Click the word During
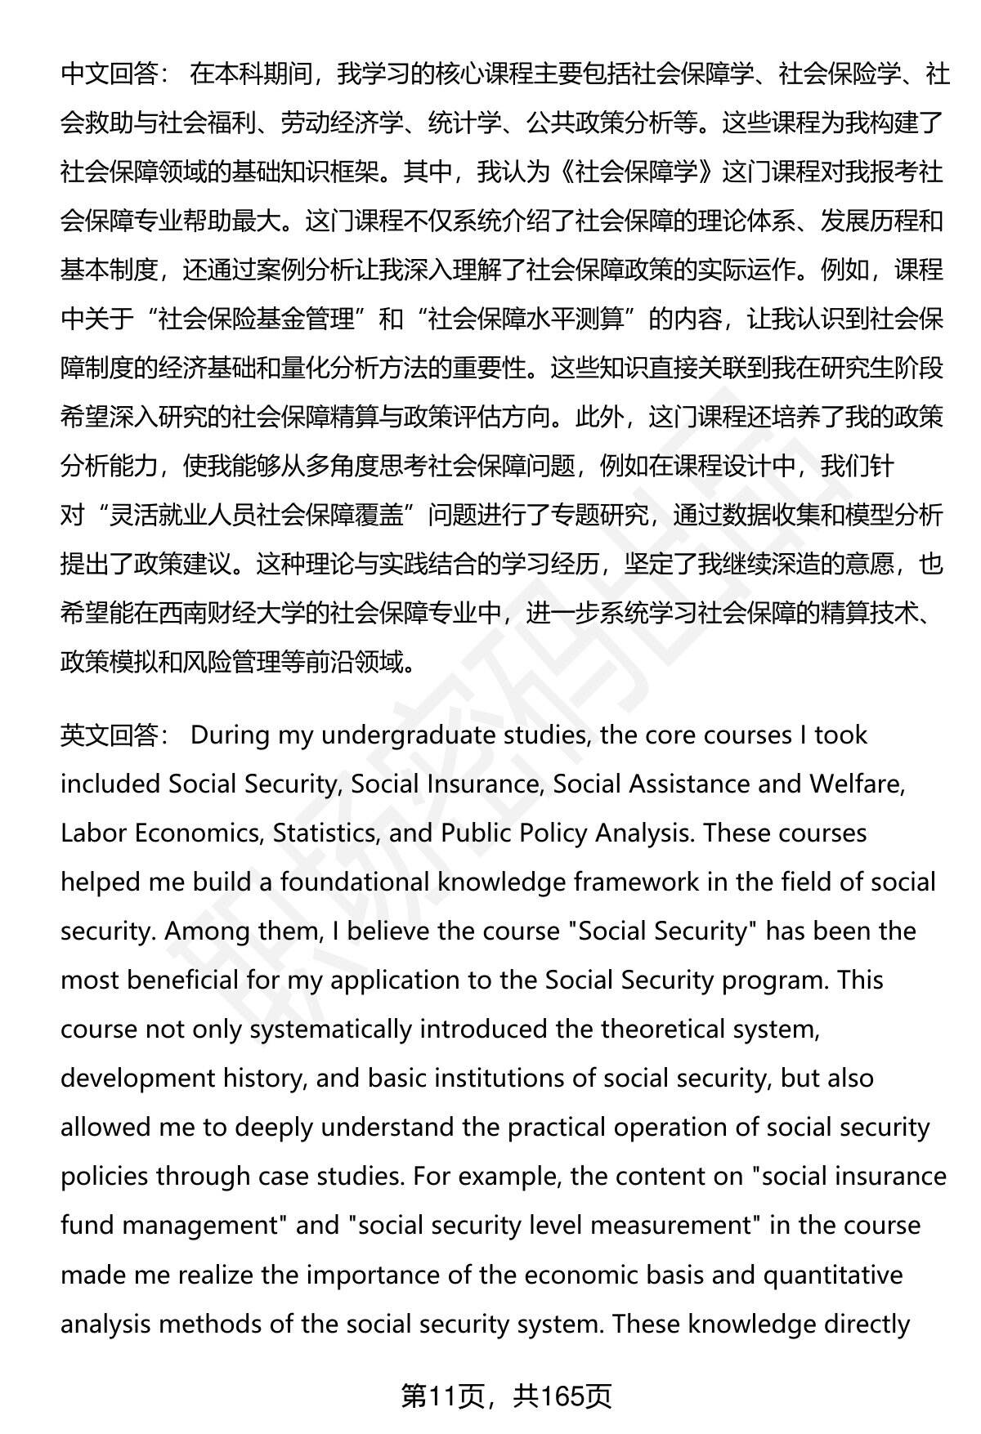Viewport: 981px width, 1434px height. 231,735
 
